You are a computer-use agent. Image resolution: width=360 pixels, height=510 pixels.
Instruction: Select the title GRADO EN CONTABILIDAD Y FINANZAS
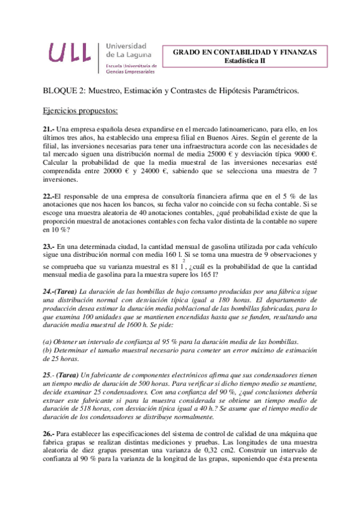pos(245,52)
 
